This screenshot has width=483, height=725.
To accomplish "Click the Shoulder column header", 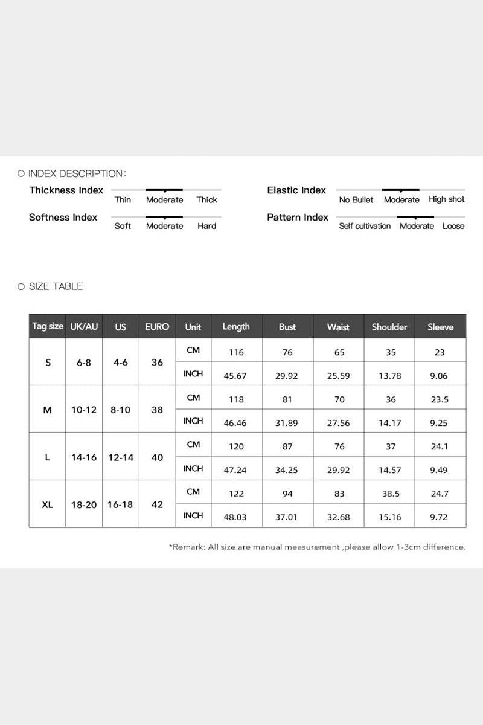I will click(389, 327).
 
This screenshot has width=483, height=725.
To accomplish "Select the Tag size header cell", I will click(48, 326).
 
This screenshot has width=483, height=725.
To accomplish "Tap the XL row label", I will click(48, 504).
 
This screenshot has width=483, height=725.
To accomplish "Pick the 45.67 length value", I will click(235, 375).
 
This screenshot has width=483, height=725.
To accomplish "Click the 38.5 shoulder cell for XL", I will click(391, 494).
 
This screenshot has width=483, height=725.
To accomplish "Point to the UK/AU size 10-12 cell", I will click(84, 410).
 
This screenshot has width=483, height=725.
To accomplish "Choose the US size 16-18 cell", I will click(121, 504).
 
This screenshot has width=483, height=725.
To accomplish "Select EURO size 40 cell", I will click(157, 457).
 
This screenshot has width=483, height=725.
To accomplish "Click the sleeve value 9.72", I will click(439, 518).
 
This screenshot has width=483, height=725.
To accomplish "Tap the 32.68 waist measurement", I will click(338, 518).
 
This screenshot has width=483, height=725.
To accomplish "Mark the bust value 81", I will click(287, 399).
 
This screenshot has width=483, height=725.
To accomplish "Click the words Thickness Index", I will click(66, 190).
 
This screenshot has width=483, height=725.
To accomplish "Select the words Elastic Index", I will click(296, 190).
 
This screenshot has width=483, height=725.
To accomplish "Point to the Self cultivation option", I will click(365, 226).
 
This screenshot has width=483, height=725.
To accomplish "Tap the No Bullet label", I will click(356, 200).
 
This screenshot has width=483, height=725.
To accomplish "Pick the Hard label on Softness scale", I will click(206, 226).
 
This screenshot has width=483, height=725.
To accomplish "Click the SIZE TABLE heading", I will click(56, 286).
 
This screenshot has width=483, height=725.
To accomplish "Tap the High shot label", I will click(447, 199).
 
